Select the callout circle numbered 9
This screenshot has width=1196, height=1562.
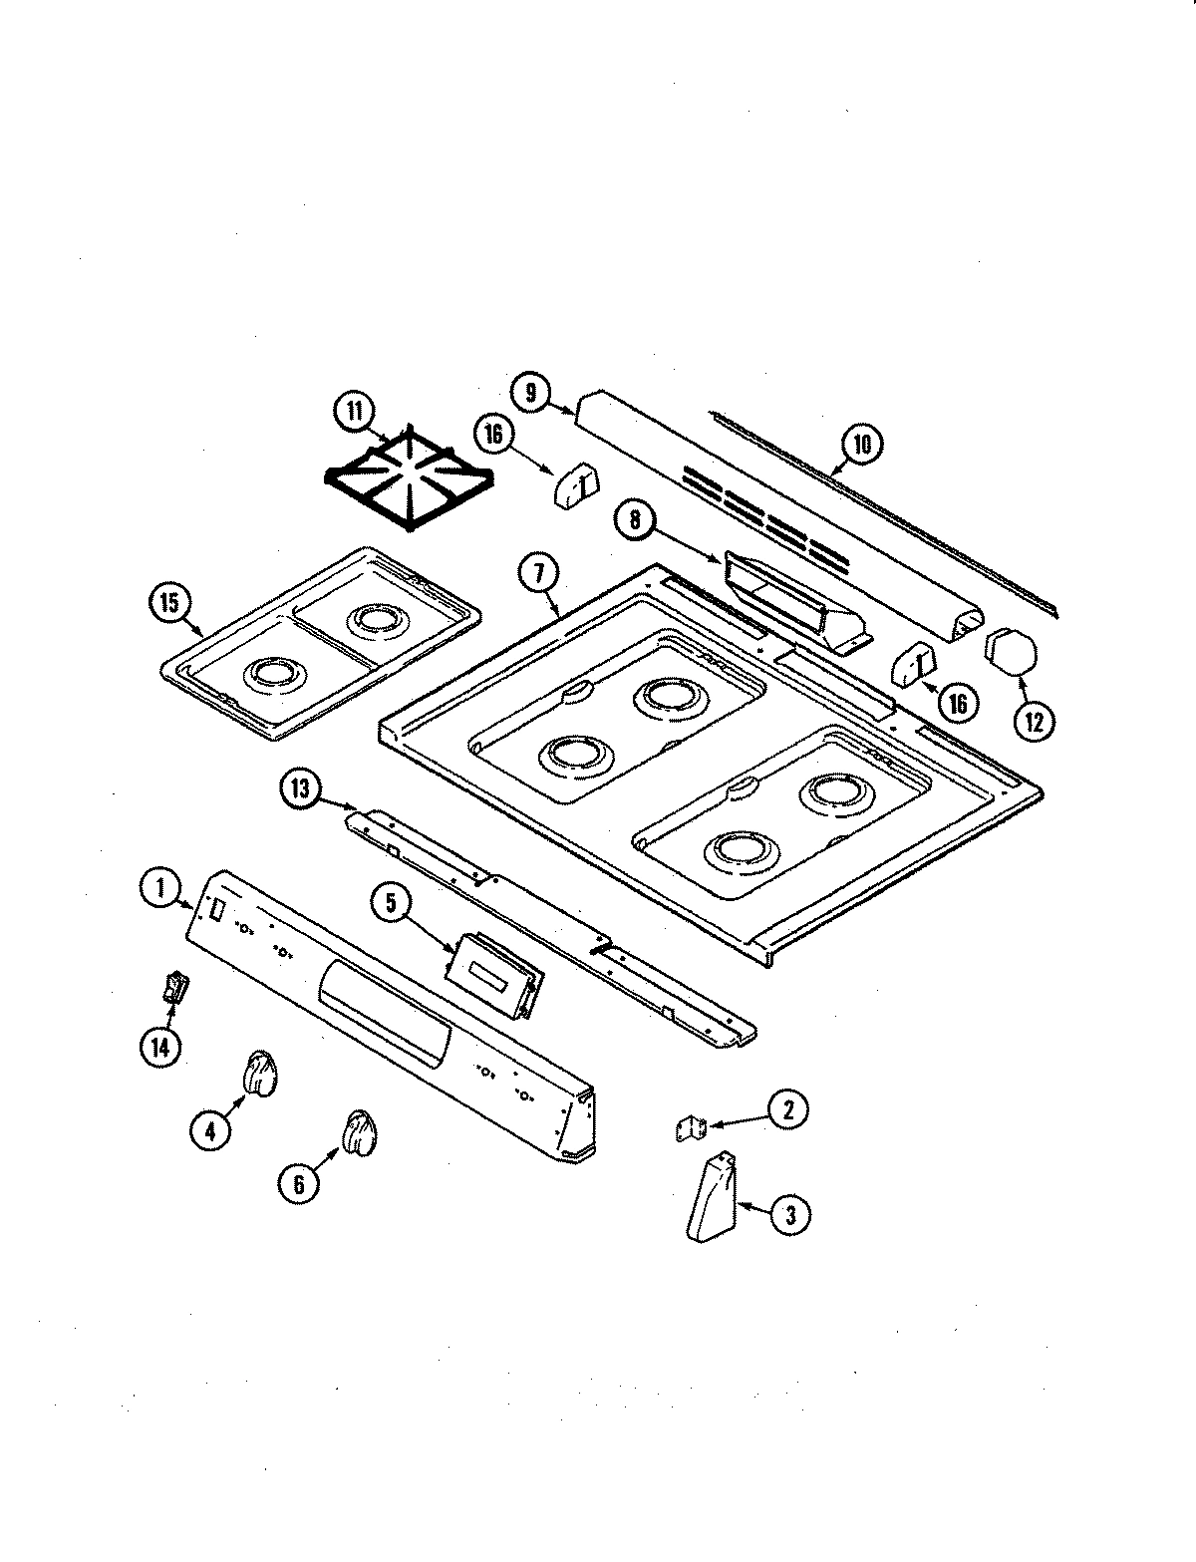tap(531, 393)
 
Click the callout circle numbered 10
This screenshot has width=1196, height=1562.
tap(862, 443)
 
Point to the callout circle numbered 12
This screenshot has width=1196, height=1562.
tap(1034, 723)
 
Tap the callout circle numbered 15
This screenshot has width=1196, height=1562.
tap(168, 603)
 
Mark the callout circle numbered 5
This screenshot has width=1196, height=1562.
tap(392, 903)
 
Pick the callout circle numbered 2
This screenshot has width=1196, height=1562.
tap(788, 1108)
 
